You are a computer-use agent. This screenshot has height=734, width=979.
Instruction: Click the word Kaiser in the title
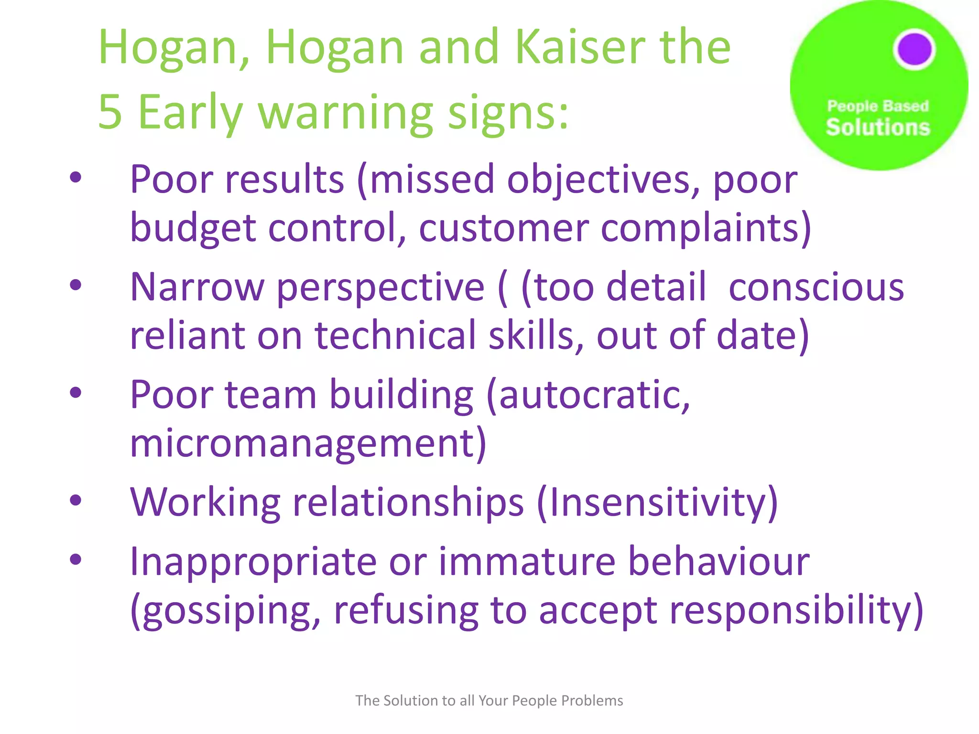pos(580,47)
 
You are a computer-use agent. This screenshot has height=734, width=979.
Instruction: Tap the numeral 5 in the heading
pos(110,112)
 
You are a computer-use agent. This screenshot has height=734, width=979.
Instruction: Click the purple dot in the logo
pos(914,49)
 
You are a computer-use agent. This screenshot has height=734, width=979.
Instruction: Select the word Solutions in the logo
pos(878,128)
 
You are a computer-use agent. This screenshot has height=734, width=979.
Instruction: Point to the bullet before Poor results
pos(76,178)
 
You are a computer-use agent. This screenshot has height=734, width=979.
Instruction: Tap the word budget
pos(193,228)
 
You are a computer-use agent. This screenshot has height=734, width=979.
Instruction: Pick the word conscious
pos(816,287)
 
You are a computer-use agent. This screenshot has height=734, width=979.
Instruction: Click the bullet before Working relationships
pos(76,500)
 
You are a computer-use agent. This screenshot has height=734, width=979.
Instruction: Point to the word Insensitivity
pos(657,503)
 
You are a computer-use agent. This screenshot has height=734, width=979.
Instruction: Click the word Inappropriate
pos(253,561)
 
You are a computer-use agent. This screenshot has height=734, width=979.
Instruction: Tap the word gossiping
pos(226,611)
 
